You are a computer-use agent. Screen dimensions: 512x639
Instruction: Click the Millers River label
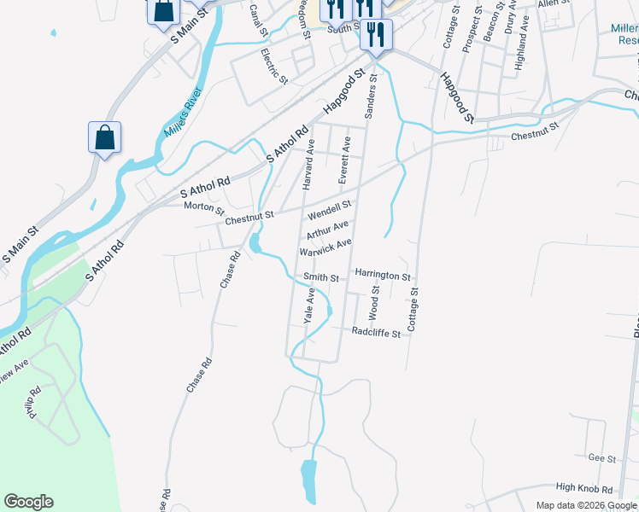coord(183,112)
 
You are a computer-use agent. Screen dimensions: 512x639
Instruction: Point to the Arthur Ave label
coord(327,230)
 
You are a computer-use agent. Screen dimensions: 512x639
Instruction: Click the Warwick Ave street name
coord(325,247)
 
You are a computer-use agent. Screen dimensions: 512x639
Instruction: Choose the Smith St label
coord(321,277)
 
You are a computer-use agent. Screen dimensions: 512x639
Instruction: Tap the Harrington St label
coord(383,276)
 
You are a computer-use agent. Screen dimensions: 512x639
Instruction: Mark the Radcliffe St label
coord(377,333)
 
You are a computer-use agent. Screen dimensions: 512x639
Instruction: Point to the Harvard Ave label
coord(310,164)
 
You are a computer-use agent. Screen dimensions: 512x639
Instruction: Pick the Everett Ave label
coord(344,160)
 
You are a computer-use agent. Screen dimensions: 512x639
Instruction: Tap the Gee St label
coord(601,458)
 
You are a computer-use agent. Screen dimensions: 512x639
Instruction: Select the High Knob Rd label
coord(584,489)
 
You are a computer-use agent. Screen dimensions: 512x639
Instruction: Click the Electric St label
coord(274,65)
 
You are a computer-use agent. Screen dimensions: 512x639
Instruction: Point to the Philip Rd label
coord(33,404)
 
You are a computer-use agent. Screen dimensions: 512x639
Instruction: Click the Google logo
coord(28,502)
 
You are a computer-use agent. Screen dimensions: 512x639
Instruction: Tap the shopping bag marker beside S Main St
coord(104,137)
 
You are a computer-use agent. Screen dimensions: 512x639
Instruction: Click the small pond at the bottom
coord(308,481)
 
